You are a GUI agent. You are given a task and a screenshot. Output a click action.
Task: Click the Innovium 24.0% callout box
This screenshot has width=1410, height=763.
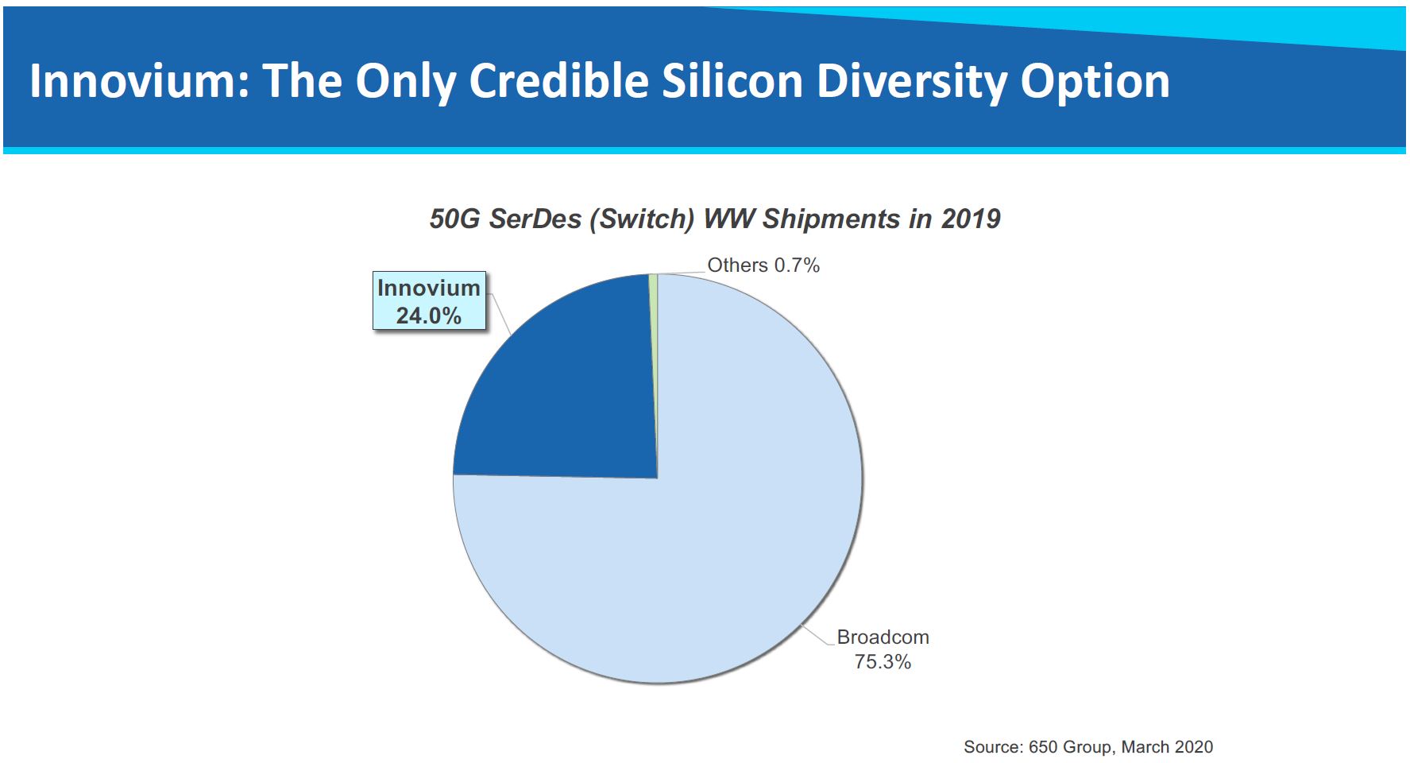click(x=429, y=301)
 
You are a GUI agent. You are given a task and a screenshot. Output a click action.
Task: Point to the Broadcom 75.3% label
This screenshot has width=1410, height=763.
click(x=883, y=649)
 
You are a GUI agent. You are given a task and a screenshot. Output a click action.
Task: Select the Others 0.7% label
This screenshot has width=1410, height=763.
click(x=763, y=265)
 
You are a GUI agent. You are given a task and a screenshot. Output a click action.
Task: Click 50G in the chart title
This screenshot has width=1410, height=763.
click(x=454, y=219)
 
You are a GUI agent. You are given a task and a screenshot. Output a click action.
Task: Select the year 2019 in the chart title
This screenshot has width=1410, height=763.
click(x=971, y=219)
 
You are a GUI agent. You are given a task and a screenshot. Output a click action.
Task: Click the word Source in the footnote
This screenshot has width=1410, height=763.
click(x=992, y=747)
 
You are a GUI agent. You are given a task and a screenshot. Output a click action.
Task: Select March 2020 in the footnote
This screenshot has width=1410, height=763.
click(x=1167, y=747)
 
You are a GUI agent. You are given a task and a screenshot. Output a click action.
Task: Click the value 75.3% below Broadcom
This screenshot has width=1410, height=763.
click(x=883, y=661)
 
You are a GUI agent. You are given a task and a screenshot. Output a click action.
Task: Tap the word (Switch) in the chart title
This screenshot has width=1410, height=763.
click(x=643, y=219)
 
